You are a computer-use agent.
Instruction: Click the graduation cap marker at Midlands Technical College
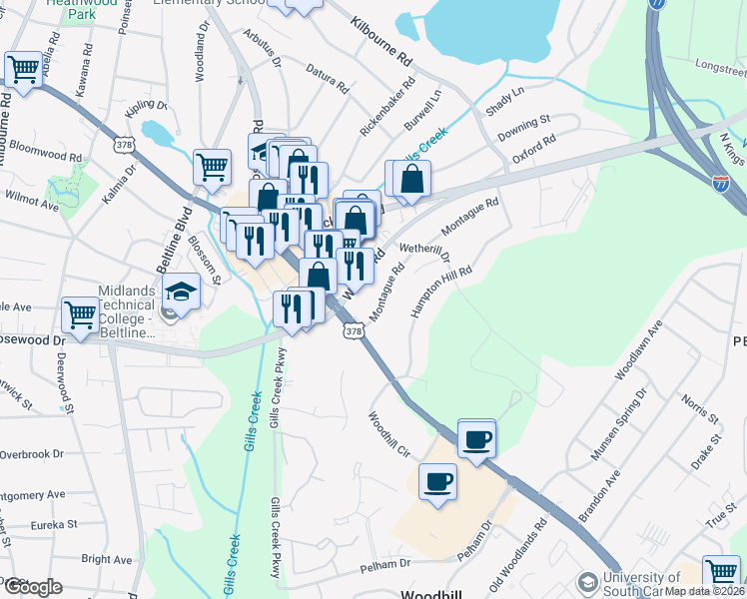click(x=182, y=292)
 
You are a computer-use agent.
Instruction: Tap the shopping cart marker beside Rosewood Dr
click(x=80, y=314)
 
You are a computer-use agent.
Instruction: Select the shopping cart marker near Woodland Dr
click(x=211, y=168)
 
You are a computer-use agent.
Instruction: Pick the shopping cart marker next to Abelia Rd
click(x=23, y=70)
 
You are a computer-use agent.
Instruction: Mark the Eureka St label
click(x=52, y=523)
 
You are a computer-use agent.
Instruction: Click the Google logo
click(x=32, y=587)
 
